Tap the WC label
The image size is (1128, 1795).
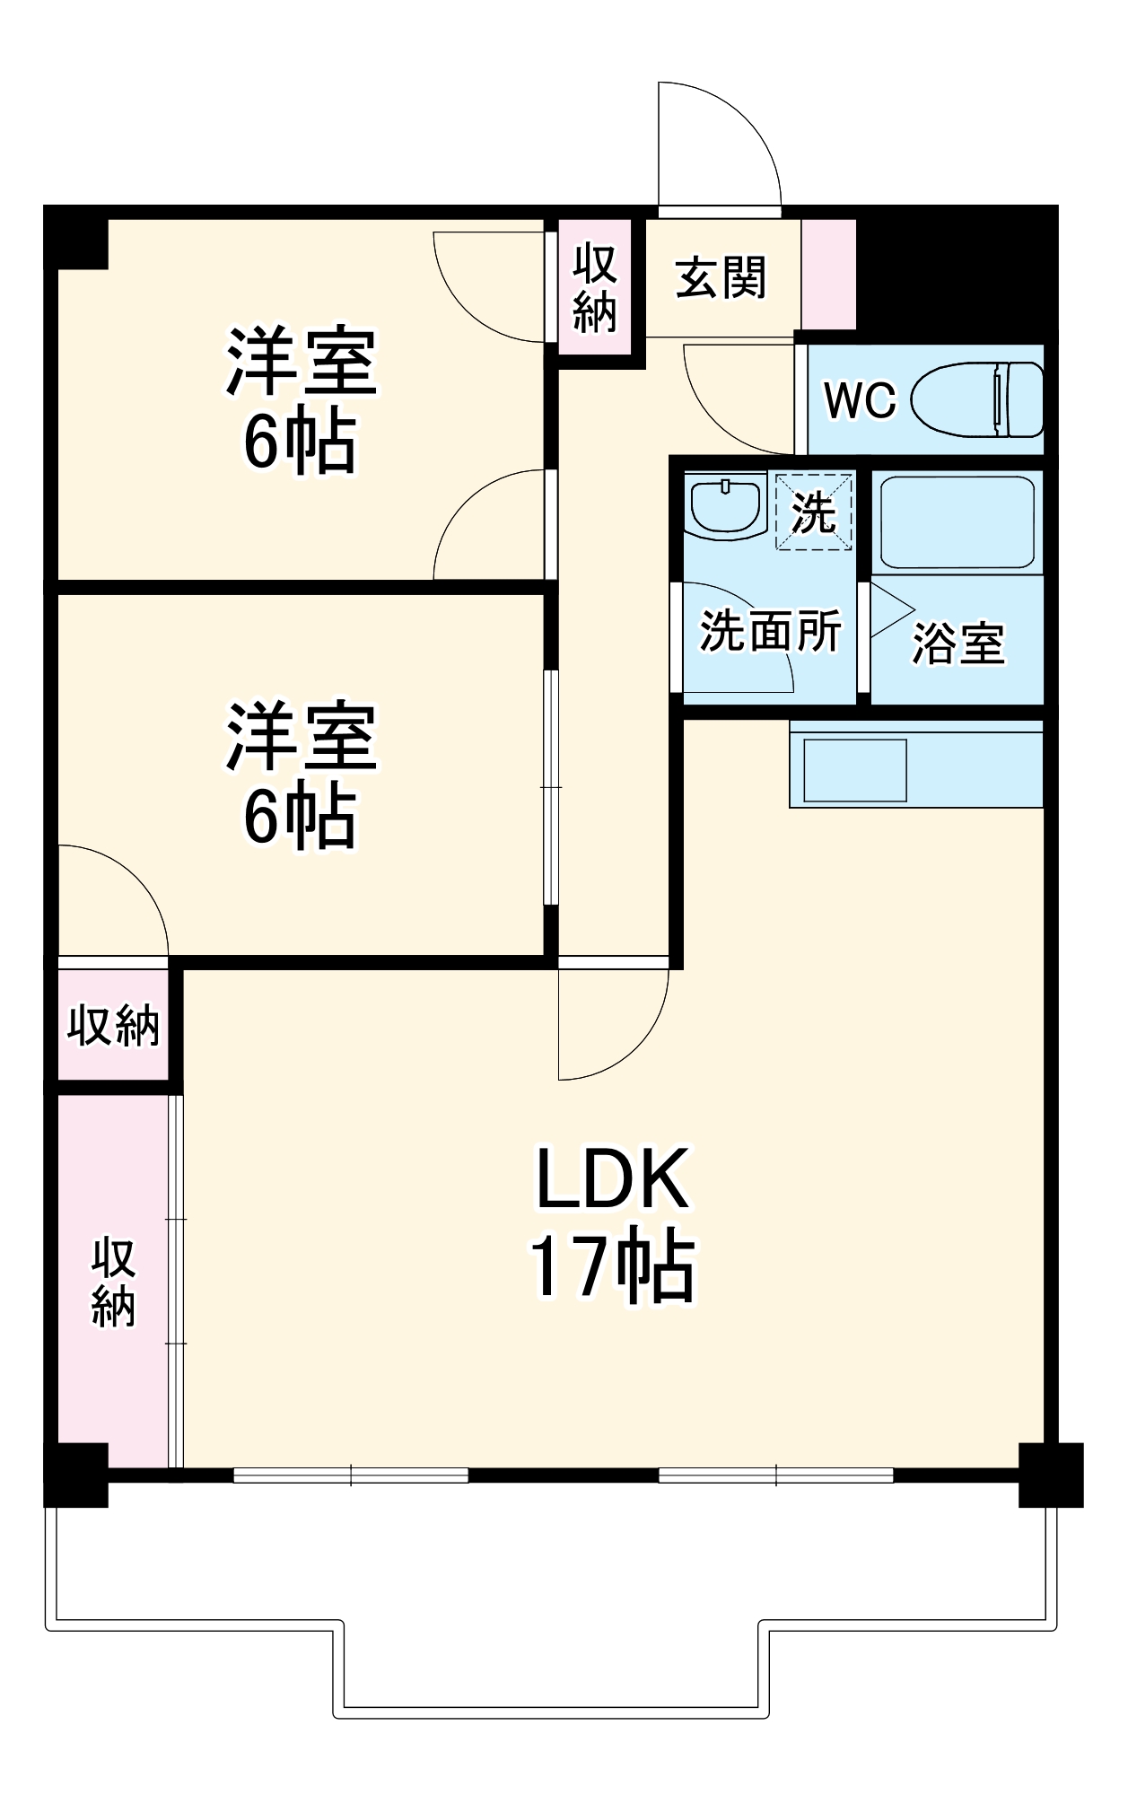(860, 400)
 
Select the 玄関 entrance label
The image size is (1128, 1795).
(721, 277)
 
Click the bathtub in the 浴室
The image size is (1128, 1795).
(957, 521)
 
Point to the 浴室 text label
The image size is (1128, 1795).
(958, 643)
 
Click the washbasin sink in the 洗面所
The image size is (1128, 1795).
(725, 507)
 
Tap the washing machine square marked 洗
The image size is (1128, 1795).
(813, 511)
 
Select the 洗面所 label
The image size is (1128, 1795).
(770, 631)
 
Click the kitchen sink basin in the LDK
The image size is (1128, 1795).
(854, 770)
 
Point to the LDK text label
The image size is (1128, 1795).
(612, 1179)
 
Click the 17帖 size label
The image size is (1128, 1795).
(612, 1267)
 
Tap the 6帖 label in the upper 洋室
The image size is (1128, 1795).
(300, 442)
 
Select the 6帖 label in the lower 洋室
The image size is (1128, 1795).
(300, 819)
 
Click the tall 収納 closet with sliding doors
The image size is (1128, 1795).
(113, 1282)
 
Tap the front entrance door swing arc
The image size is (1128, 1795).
(718, 144)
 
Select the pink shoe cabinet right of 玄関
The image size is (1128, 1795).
(828, 275)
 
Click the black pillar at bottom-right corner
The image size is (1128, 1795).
(1050, 1475)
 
